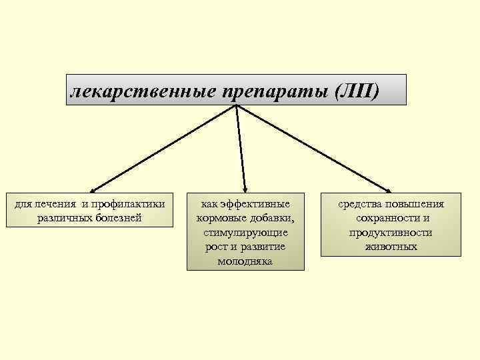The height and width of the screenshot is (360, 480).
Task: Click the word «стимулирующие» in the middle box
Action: point(245,233)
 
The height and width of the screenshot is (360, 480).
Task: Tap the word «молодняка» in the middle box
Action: point(245,261)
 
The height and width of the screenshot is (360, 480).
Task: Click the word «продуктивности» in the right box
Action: point(391,233)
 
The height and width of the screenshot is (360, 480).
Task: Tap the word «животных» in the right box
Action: point(391,247)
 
